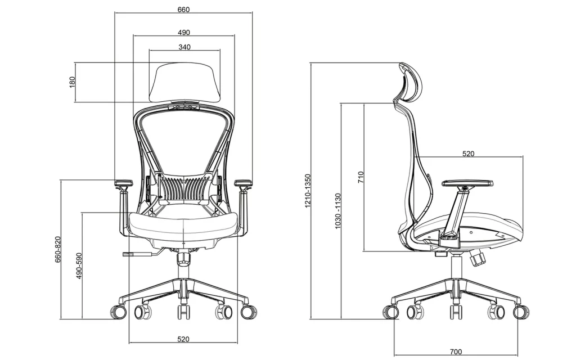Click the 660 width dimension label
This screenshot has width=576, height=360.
point(183,10)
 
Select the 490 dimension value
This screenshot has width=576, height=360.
point(183,32)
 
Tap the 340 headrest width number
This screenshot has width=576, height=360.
point(184,47)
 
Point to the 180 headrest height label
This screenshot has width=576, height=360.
point(71,82)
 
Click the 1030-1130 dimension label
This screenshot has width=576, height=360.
point(337,211)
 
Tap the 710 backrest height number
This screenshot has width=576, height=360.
point(361,178)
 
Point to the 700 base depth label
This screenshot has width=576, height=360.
point(456,352)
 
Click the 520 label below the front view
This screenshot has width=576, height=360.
point(183,339)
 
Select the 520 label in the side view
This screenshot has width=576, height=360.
point(468,153)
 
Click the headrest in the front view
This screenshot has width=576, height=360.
point(184,82)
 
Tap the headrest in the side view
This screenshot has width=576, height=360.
point(409,84)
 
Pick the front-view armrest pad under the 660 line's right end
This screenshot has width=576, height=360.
point(243,183)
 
